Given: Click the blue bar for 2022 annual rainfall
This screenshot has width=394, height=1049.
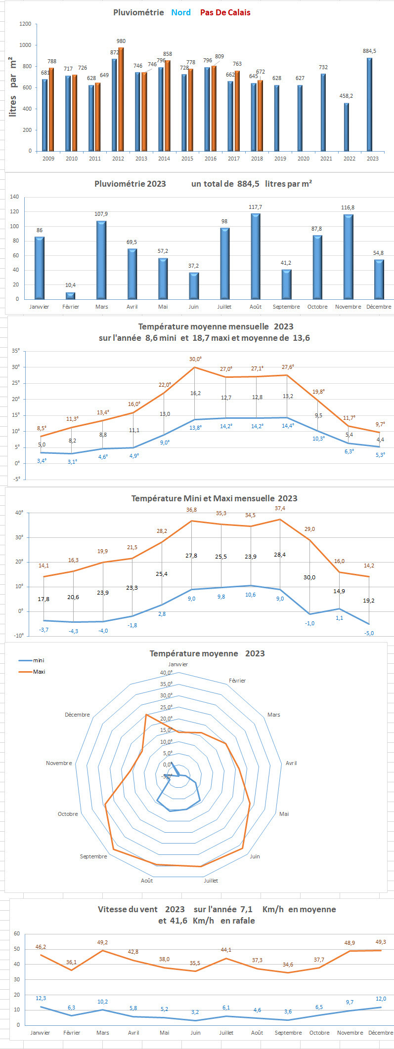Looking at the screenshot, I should (347, 127).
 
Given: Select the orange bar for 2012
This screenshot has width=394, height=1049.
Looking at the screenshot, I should (121, 99).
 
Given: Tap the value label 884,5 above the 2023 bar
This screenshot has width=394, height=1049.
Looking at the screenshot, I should (369, 51).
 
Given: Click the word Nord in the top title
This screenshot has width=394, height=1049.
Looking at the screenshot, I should (181, 12).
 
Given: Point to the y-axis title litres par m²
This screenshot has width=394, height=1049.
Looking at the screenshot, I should (13, 86).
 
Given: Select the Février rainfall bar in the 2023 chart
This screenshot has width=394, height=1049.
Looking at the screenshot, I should (71, 296).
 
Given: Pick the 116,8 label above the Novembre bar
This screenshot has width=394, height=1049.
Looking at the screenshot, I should (348, 208).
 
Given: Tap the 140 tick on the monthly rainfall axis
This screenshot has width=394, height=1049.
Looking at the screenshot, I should (14, 197).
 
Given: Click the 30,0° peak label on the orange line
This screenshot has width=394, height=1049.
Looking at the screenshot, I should (196, 359).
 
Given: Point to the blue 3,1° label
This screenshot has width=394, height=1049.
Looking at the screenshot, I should (72, 462).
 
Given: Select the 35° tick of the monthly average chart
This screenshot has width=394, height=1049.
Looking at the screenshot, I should (16, 351).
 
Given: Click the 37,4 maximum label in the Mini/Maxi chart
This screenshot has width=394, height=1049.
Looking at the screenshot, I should (280, 508).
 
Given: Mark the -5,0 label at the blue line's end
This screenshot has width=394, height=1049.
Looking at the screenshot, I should (369, 633).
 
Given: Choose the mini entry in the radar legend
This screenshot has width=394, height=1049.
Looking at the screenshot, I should (39, 660).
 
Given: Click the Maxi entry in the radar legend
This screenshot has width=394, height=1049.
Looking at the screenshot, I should (39, 672).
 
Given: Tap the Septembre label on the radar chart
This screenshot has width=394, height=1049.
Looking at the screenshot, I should (93, 856).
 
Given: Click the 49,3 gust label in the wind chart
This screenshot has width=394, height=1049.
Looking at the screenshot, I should (381, 942).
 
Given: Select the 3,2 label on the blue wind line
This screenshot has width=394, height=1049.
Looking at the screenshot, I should (195, 1012).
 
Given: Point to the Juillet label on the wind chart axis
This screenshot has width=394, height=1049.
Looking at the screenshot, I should (226, 1033).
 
